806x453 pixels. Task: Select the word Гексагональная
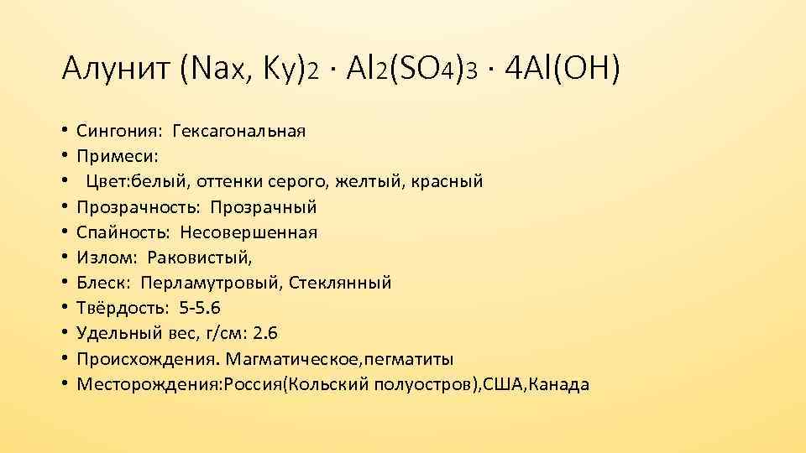click(238, 131)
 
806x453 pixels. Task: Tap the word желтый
click(383, 181)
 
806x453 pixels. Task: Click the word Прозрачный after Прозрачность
click(263, 206)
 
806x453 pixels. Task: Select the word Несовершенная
click(249, 232)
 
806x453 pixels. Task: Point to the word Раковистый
click(199, 258)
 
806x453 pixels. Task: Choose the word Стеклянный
click(340, 283)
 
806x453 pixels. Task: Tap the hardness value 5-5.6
click(194, 308)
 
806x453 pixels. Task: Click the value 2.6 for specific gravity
click(264, 334)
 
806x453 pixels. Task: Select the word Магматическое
click(292, 359)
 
